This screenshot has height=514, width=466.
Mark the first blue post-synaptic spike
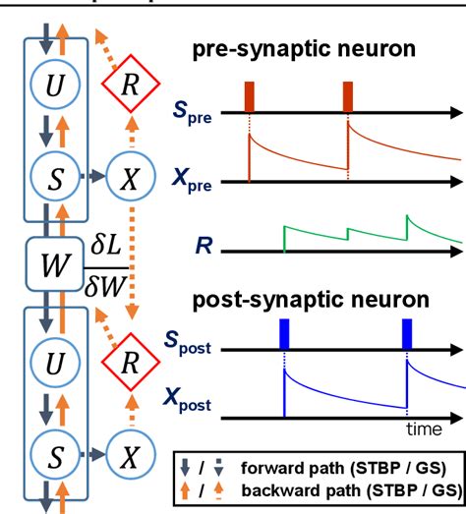(x=283, y=334)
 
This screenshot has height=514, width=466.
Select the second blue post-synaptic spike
(x=408, y=334)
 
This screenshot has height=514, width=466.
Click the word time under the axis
(x=425, y=429)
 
